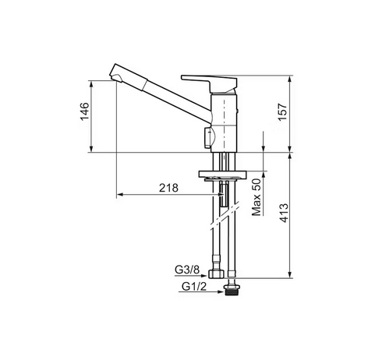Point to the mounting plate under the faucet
pos(224,174)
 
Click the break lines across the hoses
pos(225,220)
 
